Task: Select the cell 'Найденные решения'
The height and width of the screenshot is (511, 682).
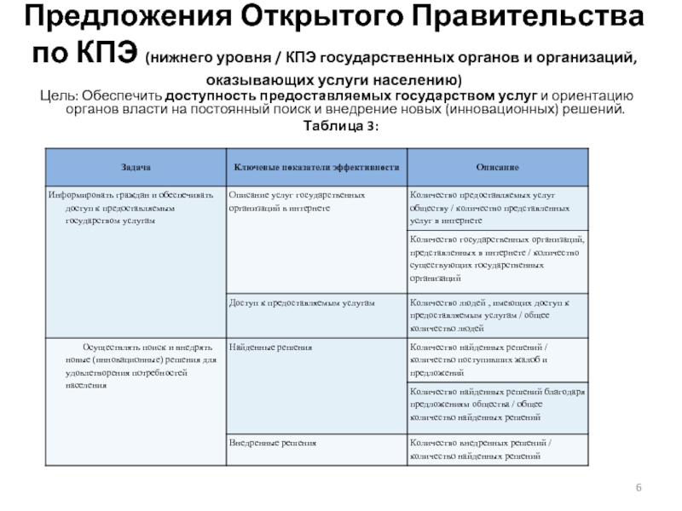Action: (x=271, y=347)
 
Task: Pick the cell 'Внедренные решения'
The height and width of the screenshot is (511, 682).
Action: (x=274, y=444)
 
